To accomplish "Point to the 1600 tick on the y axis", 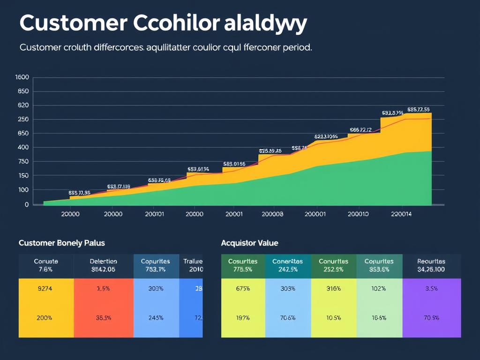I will point(22,77).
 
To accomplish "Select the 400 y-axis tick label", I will point(23,147).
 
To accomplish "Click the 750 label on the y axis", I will point(23,161).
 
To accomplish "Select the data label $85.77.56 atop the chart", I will point(418,109).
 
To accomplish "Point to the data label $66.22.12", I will point(360,130).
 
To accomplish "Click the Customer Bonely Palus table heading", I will point(61,243).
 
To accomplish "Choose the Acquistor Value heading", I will point(249,243).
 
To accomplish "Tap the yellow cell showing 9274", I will point(46,289).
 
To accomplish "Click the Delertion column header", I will point(103,261).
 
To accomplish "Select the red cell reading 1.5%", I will point(103,289).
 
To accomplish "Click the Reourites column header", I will point(431,261).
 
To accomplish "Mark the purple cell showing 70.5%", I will point(431,317).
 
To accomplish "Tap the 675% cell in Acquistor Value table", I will point(242,289).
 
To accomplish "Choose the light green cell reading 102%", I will point(379,289).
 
